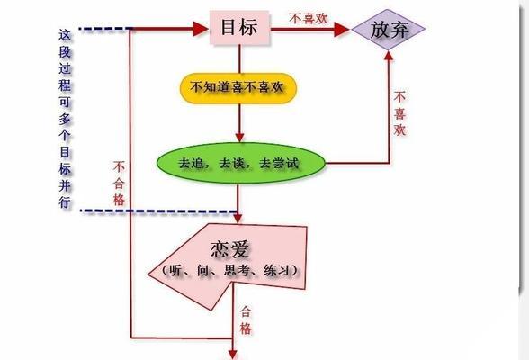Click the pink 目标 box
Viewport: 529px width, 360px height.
[239, 27]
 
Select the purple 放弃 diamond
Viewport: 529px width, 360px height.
[389, 30]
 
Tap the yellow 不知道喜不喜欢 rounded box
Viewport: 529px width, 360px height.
[238, 87]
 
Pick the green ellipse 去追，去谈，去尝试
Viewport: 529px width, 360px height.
[241, 163]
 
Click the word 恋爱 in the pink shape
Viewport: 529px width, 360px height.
[229, 249]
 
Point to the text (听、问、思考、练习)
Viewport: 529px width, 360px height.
[229, 270]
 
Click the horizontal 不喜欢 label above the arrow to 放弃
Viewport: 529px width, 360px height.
[309, 18]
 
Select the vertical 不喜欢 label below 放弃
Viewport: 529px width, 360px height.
[399, 114]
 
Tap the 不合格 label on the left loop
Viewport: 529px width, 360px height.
[119, 184]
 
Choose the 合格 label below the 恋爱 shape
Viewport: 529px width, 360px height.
[246, 319]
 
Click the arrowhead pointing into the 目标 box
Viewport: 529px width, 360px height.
[201, 29]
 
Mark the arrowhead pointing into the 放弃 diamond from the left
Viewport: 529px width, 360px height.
[342, 30]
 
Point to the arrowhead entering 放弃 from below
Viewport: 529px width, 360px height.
[389, 56]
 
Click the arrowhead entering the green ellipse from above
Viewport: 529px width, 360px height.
[239, 138]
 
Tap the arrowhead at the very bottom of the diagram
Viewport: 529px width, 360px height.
[232, 355]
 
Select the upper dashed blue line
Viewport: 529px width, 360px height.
[104, 29]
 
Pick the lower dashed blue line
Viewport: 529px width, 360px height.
[158, 211]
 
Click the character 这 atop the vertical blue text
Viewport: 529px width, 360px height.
[65, 35]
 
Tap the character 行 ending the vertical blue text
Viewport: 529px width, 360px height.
[65, 202]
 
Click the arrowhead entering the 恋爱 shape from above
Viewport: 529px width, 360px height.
[238, 218]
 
